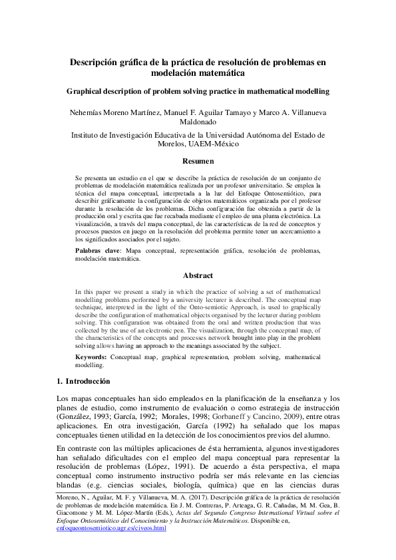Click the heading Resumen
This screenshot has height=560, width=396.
(198, 162)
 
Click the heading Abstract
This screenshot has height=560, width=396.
(198, 275)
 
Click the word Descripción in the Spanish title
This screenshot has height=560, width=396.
(99, 62)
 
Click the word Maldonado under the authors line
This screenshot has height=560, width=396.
(198, 122)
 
